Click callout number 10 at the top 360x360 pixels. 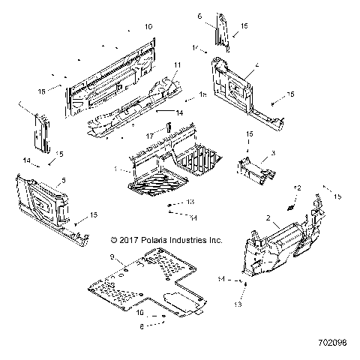[x=148, y=27]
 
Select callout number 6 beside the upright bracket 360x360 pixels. [x=200, y=16]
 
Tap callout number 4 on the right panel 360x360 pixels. [x=257, y=67]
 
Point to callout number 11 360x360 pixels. [x=178, y=66]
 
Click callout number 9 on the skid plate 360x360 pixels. [x=112, y=257]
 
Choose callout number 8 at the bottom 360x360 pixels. [x=142, y=326]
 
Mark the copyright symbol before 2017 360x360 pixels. [x=114, y=241]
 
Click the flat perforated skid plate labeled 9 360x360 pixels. [x=142, y=281]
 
